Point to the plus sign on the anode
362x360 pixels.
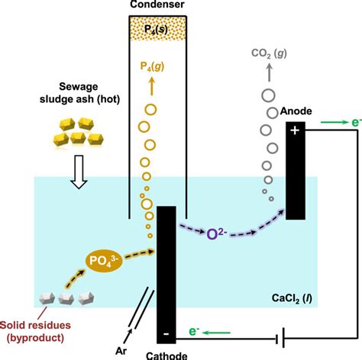295,130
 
